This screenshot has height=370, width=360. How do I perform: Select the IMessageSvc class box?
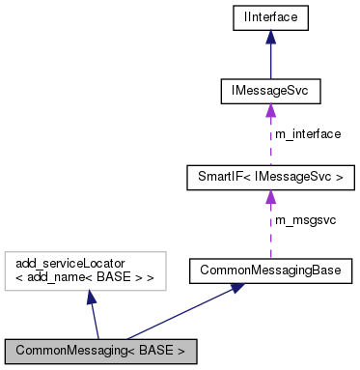click(269, 92)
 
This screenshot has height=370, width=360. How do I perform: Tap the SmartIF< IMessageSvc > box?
click(269, 177)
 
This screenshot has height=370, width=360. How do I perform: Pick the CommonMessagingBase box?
click(269, 270)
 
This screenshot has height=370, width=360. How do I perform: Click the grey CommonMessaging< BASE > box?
click(101, 348)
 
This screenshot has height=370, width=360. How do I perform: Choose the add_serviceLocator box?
click(85, 270)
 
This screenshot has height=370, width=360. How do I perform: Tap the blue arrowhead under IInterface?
click(269, 37)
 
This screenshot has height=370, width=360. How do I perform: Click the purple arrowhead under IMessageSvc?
click(269, 112)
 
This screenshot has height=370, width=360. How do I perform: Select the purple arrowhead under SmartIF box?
click(269, 198)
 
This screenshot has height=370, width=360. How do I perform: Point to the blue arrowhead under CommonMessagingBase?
click(235, 290)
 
